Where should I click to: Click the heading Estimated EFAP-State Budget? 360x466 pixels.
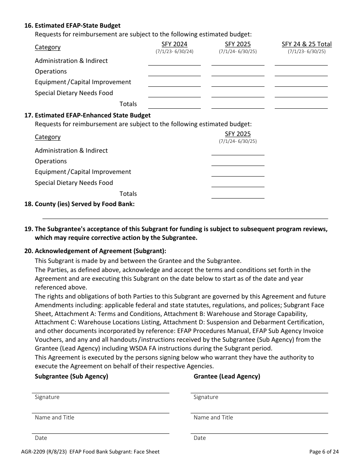point(77,25)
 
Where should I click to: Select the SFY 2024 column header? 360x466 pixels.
point(174,44)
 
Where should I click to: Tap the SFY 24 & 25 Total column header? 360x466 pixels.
point(307,44)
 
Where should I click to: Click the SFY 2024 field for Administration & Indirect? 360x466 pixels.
point(174,61)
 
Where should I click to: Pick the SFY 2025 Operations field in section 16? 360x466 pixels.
point(238,72)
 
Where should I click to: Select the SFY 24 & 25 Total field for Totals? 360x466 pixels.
point(301,105)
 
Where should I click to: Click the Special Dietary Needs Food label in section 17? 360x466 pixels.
point(74,183)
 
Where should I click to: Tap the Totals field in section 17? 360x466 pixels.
point(238,194)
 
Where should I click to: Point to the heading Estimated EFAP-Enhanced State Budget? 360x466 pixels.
point(92,115)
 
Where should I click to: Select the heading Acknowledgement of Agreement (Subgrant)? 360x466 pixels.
point(100,251)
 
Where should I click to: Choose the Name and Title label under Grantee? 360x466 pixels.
point(213,418)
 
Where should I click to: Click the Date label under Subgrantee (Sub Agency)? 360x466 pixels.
point(41,438)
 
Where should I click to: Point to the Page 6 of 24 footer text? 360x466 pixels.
point(324,452)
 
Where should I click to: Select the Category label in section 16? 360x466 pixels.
point(48,47)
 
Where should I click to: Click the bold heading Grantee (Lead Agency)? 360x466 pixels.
point(227,376)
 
